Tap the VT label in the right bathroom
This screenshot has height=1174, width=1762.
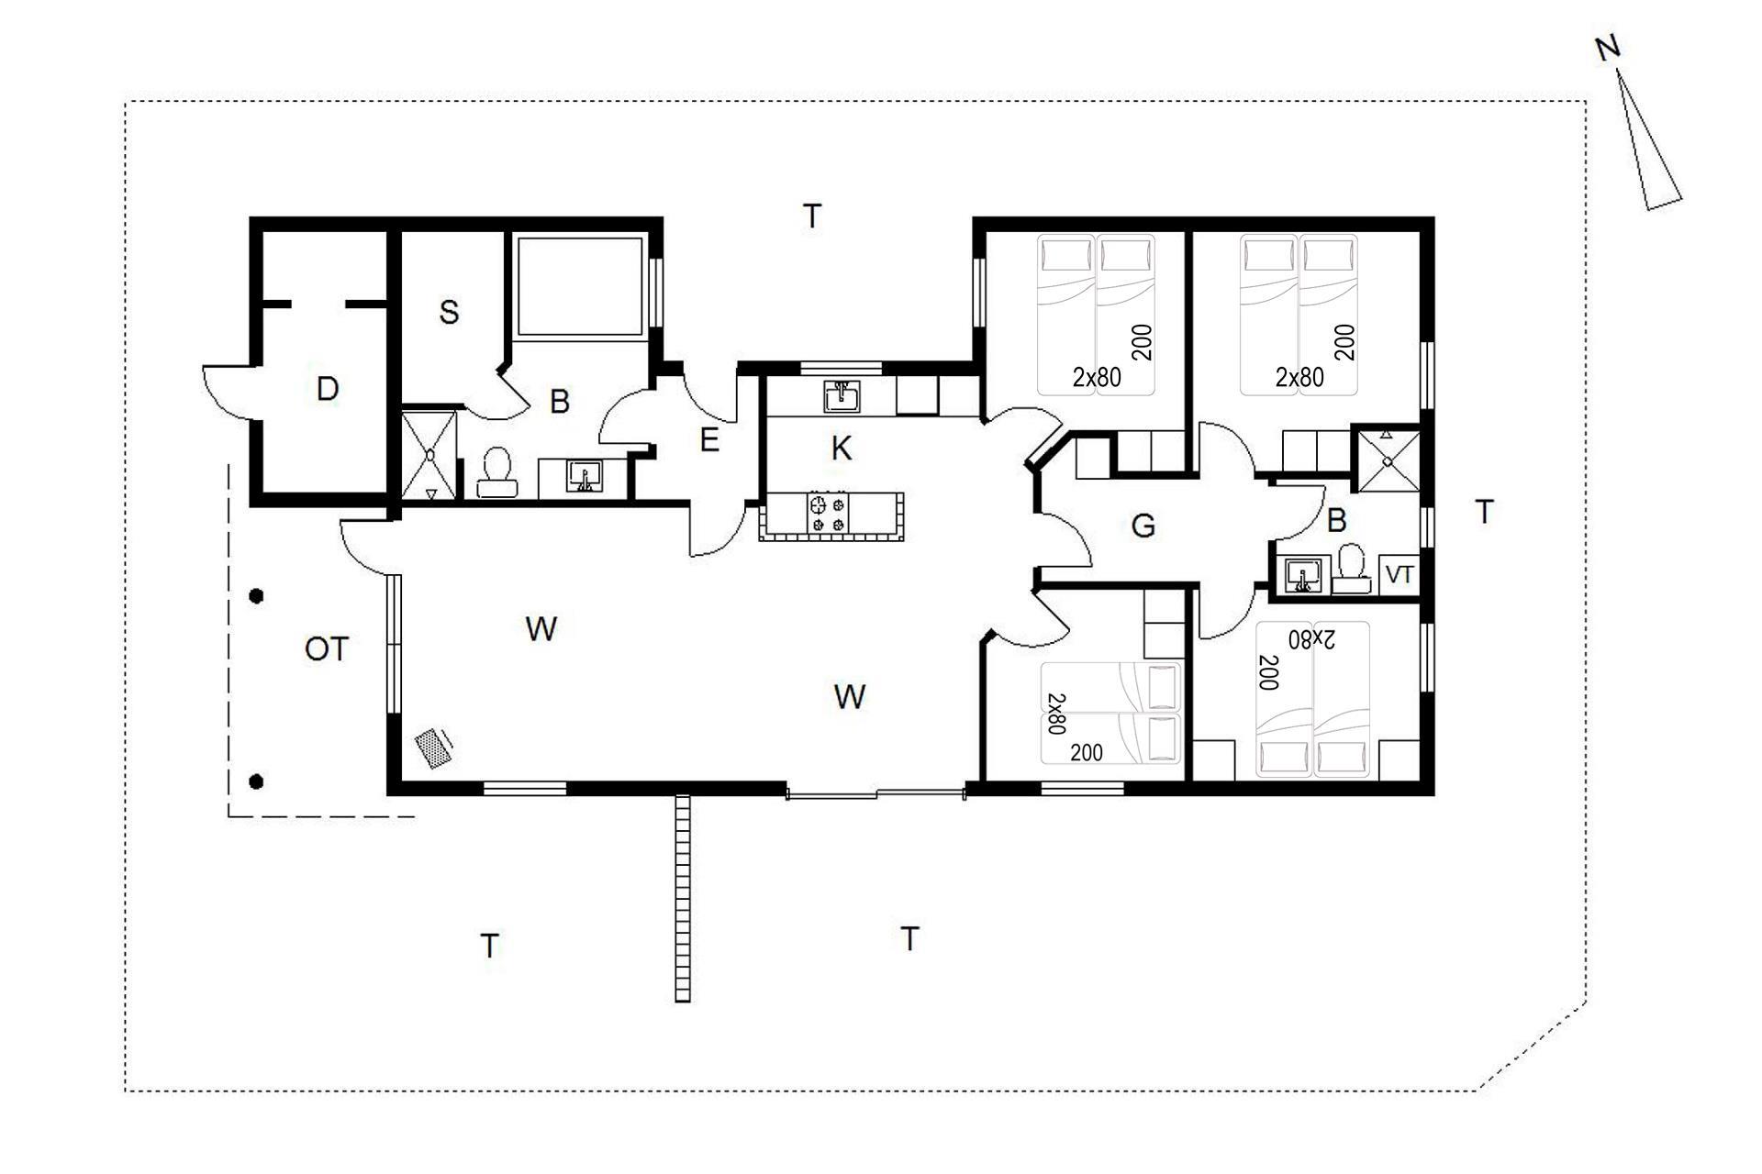(x=1399, y=575)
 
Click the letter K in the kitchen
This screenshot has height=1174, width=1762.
(x=842, y=449)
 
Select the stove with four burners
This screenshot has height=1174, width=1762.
(x=827, y=513)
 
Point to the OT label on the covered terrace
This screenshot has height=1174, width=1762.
(x=327, y=649)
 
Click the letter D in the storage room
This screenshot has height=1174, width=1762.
(x=327, y=389)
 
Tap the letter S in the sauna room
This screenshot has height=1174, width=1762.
(x=449, y=312)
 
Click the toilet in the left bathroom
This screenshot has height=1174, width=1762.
(x=496, y=472)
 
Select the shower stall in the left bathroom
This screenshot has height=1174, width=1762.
(x=429, y=455)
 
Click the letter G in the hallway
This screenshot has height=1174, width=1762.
(x=1143, y=526)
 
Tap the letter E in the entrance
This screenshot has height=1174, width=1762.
(x=709, y=440)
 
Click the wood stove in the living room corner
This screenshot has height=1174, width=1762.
(x=433, y=747)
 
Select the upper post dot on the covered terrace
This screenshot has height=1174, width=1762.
(x=257, y=596)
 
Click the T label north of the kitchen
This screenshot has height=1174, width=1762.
(x=812, y=216)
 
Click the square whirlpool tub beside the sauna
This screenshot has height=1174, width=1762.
(x=579, y=287)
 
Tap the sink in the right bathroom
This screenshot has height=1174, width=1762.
(x=1301, y=576)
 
